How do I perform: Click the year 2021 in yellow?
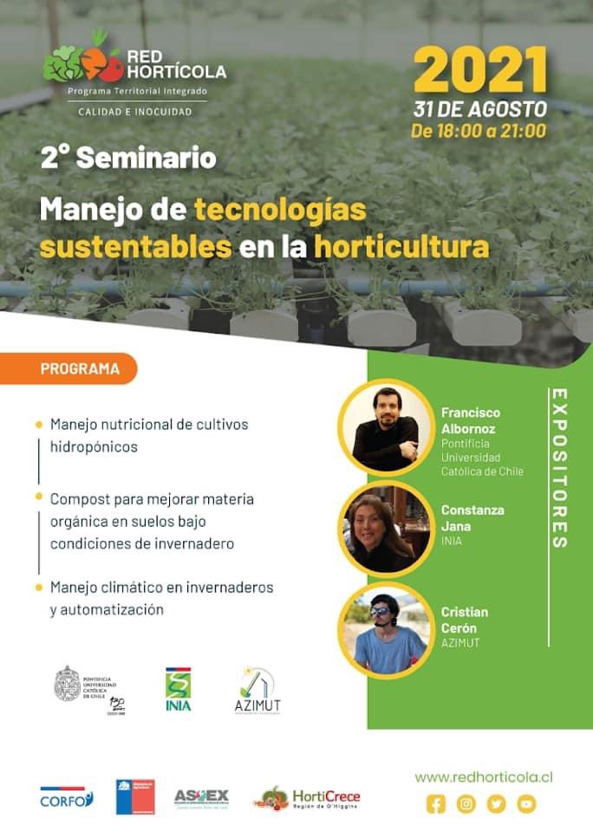click(479, 69)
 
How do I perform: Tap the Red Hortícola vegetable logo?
click(82, 62)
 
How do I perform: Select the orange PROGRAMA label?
click(80, 368)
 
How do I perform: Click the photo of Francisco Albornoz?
click(386, 426)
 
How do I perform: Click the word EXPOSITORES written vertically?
click(559, 468)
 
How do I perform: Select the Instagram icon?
click(466, 804)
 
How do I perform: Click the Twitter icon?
click(496, 804)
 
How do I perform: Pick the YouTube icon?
click(526, 804)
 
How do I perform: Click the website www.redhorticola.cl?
click(483, 777)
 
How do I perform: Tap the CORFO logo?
click(67, 797)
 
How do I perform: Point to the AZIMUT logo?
click(257, 691)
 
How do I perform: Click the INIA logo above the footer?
click(179, 690)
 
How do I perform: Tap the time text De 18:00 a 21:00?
click(479, 132)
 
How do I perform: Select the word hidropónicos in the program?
click(94, 447)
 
